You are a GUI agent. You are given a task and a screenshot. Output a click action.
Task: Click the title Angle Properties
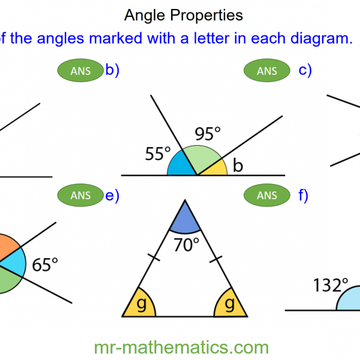tap(183, 14)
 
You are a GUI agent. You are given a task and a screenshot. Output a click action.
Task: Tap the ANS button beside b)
tap(80, 71)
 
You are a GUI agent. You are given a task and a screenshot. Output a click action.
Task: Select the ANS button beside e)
tap(80, 196)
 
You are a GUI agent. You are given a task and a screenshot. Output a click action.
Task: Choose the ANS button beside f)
tap(267, 196)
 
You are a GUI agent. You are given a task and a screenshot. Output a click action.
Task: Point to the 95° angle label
tap(208, 134)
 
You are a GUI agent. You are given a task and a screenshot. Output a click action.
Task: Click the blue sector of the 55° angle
tap(180, 166)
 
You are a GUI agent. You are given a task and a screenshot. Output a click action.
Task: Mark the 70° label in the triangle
tap(187, 245)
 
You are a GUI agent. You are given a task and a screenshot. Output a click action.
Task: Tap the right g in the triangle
tap(229, 304)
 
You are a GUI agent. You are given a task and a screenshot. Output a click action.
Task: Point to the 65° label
tap(45, 265)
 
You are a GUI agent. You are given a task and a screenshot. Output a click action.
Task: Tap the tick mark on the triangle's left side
tap(155, 258)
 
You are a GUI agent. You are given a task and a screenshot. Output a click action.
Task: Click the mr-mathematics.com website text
tap(181, 347)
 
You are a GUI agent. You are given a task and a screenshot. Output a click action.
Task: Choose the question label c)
tap(305, 70)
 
